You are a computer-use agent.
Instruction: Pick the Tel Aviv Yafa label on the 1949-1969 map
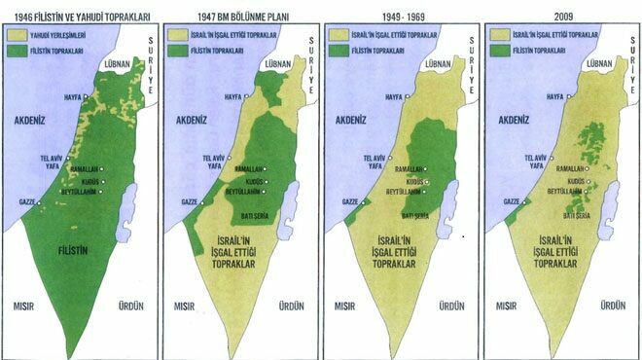coord(373,161)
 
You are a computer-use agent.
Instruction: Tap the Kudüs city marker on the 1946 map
coord(104,182)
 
